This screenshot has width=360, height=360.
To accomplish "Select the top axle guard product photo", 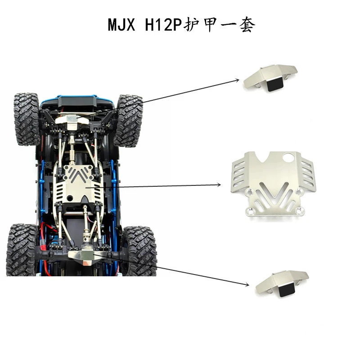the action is [270, 78].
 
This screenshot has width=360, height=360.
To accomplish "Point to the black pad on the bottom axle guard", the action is [287, 290].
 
